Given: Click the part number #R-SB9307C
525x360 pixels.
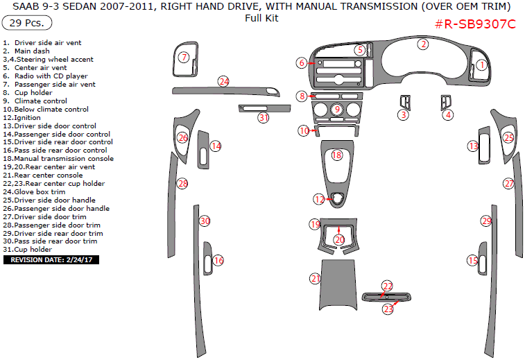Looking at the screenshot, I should coord(475,24).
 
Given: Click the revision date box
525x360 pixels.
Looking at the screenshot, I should coord(52,260).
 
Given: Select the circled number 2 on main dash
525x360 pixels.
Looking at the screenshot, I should coord(422,44).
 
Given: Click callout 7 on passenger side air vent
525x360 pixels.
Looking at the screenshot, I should coord(183,58).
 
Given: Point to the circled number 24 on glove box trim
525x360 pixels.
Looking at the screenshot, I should coord(223,81).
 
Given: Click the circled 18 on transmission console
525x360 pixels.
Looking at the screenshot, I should coord(336,155).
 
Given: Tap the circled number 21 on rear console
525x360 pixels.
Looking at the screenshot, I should coord(316,278).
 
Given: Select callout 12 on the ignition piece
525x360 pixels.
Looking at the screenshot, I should coord(318,199).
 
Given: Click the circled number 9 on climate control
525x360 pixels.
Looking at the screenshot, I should coord(336,109).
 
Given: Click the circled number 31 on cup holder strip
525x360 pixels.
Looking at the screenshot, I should coord(263,117).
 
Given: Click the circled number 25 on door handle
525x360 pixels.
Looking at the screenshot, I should coord(508,138).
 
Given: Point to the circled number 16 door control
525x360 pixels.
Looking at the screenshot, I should coord(218,260).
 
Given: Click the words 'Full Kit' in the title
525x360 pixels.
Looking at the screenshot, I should coord(261,18).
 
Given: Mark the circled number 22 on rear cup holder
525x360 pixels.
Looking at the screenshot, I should coord(387,286).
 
